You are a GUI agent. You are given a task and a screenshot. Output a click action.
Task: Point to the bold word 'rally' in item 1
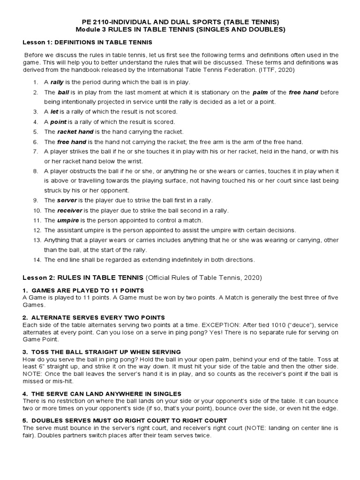[x=57, y=82]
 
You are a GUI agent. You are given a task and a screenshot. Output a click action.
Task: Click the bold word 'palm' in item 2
[x=260, y=92]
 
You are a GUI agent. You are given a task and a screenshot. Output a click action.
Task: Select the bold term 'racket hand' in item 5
[x=75, y=132]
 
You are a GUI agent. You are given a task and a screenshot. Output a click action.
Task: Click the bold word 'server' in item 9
[x=67, y=201]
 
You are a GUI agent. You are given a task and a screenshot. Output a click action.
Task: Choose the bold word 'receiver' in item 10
[x=70, y=210]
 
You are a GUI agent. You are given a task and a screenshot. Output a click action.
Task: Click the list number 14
[x=37, y=260]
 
